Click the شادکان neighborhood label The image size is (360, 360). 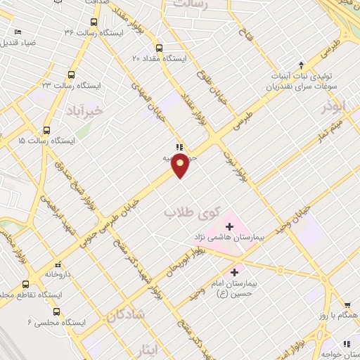pyautogui.click(x=126, y=315)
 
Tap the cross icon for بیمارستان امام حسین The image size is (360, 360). pyautogui.click(x=234, y=270)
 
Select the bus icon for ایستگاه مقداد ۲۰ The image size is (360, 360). pyautogui.click(x=160, y=48)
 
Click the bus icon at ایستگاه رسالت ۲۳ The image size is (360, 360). pyautogui.click(x=71, y=75)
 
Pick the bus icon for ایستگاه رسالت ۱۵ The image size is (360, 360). pyautogui.click(x=46, y=130)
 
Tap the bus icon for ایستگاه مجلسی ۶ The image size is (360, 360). pyautogui.click(x=57, y=312)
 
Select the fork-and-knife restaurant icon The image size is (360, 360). pyautogui.click(x=179, y=148)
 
